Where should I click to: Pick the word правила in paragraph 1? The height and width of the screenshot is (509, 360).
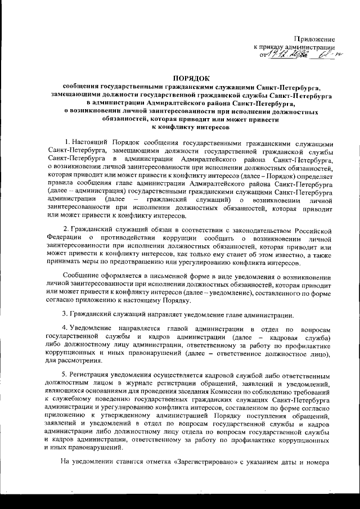[x=61, y=183]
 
